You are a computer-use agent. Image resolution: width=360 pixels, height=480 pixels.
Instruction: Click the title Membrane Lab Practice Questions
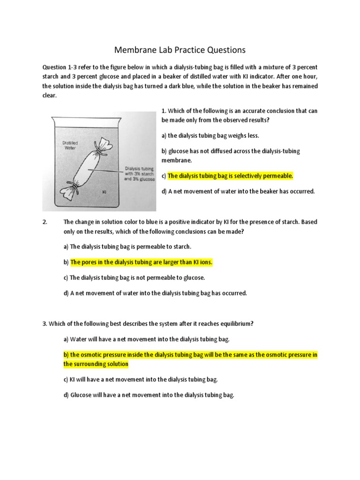[x=180, y=50]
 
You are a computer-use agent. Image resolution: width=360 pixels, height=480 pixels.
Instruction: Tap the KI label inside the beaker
[x=105, y=192]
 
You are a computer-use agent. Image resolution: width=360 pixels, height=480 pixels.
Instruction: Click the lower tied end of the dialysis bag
[x=70, y=190]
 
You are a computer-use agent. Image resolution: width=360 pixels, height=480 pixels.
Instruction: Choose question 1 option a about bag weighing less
[x=210, y=135]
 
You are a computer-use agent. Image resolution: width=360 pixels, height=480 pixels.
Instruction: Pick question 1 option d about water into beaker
[x=238, y=191]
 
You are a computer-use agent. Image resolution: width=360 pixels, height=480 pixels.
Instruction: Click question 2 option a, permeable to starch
[x=127, y=247]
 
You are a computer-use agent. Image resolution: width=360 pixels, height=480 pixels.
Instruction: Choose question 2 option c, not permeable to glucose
[x=134, y=277]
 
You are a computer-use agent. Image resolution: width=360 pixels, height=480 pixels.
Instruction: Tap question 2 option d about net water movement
[x=155, y=293]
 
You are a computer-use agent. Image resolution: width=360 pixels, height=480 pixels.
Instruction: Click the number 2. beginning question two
[x=45, y=222]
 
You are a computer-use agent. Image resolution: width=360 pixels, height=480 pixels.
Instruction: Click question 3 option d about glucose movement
[x=149, y=395]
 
